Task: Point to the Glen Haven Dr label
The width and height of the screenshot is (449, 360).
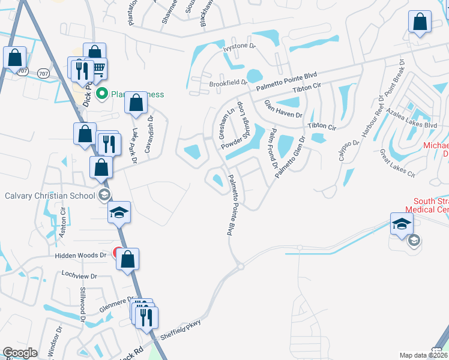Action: pos(283,109)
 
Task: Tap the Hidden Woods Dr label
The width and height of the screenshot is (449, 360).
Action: pos(80,255)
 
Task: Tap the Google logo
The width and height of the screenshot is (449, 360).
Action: pos(20,353)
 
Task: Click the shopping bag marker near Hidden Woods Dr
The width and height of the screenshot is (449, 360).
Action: pos(127,260)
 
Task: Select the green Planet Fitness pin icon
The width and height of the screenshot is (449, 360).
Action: pos(102,94)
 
